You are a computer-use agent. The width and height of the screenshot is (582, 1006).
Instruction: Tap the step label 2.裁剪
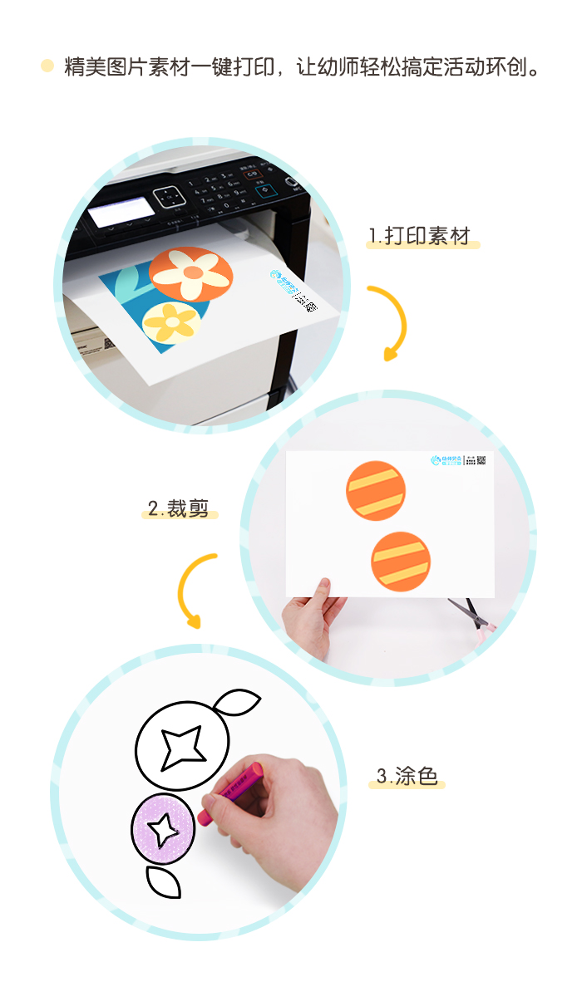(178, 508)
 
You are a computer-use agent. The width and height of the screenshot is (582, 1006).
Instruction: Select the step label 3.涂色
(407, 777)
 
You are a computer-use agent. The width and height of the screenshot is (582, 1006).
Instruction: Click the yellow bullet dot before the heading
(47, 66)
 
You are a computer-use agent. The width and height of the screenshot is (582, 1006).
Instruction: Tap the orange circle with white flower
(191, 273)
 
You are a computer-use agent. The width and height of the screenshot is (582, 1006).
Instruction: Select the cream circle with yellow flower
(171, 322)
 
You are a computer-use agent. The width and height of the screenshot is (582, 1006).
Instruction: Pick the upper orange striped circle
(376, 490)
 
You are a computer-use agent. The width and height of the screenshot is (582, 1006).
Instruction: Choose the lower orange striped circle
(401, 562)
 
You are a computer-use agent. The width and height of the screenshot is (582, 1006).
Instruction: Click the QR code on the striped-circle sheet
(481, 459)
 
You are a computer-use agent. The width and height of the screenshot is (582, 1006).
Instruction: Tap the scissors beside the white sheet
(471, 616)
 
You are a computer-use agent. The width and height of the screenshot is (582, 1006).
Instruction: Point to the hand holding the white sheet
(312, 619)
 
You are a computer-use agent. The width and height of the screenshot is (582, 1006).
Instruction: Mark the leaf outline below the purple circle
(163, 881)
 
